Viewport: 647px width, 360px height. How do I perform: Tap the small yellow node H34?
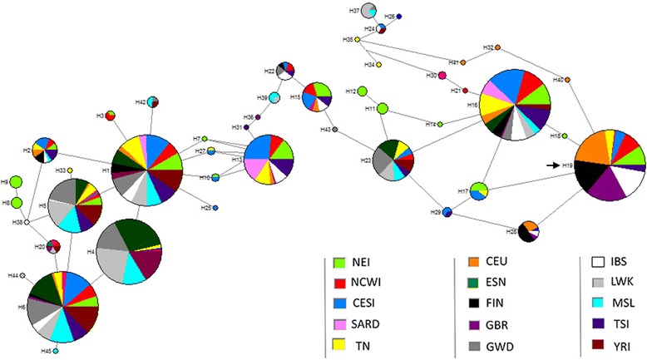tap(378, 65)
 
